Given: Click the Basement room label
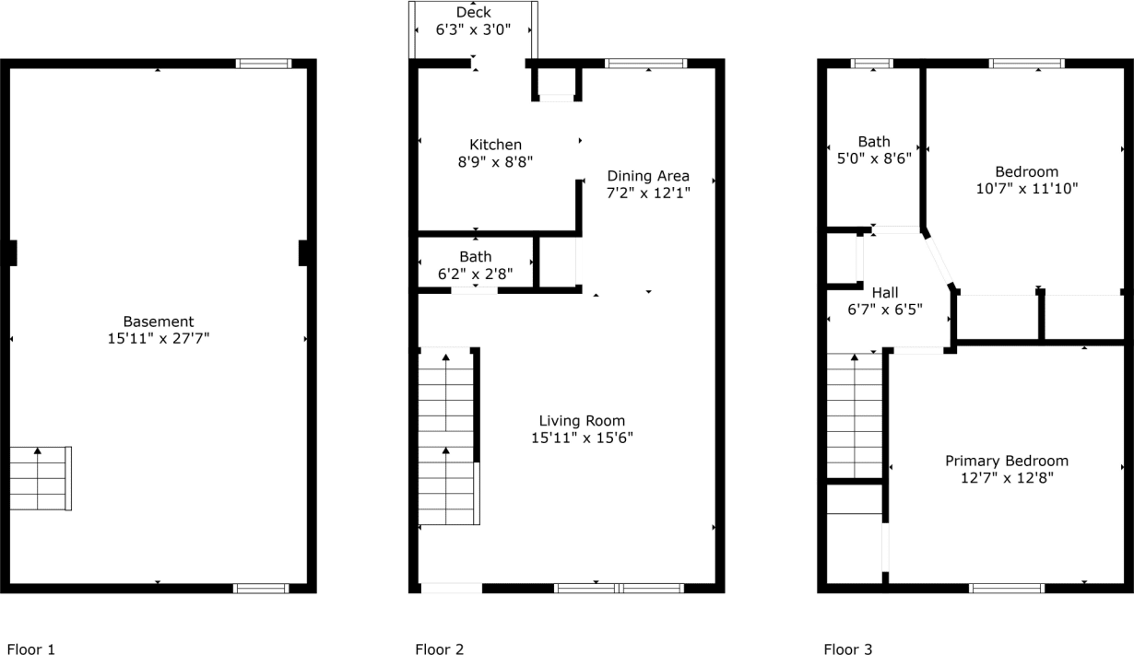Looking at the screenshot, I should coord(159,322).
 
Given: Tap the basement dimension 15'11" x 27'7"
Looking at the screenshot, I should coord(159,338).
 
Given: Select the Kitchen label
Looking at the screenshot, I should coord(495,145).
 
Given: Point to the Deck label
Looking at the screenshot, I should coord(474,12).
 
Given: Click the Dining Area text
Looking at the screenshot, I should coord(647,176).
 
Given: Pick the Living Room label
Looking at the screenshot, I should coord(582,421).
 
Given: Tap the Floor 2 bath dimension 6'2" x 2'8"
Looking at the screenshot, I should coord(475,274).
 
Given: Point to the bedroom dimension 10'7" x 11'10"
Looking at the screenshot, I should coord(1026,188).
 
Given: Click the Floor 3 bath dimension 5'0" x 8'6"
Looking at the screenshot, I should coord(874,158).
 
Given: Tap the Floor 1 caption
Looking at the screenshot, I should coord(31,649).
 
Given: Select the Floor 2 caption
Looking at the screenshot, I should coord(439,649).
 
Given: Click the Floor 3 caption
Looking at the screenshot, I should coord(847,649).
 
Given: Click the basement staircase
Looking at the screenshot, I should coord(41,478).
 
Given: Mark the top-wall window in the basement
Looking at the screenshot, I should coord(264,64).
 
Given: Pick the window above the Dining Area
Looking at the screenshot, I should coord(645,64).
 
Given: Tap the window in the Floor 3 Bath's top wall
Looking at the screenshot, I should coord(871,64).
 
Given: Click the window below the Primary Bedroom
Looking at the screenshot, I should coord(1007,588).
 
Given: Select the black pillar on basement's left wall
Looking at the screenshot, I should coord(12,253).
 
